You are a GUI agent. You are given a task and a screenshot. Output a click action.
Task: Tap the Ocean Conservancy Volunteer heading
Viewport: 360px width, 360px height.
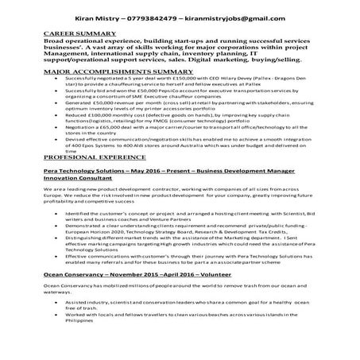(126, 296)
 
